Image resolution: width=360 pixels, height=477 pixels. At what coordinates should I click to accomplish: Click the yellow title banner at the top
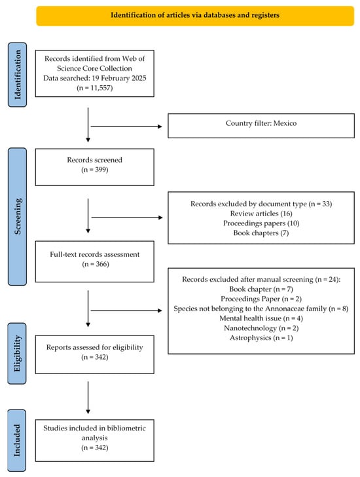click(195, 16)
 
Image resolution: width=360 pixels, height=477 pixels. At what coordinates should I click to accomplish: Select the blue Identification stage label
click(17, 75)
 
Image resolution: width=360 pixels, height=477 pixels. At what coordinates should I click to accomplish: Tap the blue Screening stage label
click(17, 217)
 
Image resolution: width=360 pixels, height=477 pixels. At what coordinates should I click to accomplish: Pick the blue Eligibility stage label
click(17, 354)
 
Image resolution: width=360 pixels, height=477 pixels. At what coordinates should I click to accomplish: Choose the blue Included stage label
click(17, 440)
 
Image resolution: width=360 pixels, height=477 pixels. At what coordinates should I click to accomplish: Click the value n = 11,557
click(95, 88)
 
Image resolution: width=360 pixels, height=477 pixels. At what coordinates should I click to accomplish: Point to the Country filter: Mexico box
click(261, 126)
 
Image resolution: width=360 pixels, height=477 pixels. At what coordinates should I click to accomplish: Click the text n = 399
click(95, 170)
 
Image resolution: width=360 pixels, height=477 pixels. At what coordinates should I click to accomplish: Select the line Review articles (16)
click(261, 214)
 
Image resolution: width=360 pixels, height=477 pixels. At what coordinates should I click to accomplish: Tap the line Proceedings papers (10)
click(261, 223)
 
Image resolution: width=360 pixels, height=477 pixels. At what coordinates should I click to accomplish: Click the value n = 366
click(96, 264)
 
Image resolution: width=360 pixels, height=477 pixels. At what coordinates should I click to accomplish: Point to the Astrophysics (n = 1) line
click(261, 337)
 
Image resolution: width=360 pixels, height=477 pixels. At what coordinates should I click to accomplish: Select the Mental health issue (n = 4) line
click(261, 318)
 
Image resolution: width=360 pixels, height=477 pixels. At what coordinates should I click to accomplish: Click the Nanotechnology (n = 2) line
click(261, 328)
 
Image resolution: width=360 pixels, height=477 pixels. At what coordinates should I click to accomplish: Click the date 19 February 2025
click(119, 78)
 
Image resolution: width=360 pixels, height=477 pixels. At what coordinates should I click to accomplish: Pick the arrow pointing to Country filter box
click(126, 126)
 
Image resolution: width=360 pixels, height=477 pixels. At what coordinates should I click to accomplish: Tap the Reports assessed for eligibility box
click(95, 354)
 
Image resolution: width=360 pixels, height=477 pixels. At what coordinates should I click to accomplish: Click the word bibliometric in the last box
click(126, 428)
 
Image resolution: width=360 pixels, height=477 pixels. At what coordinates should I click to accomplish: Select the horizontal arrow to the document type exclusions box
click(127, 218)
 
